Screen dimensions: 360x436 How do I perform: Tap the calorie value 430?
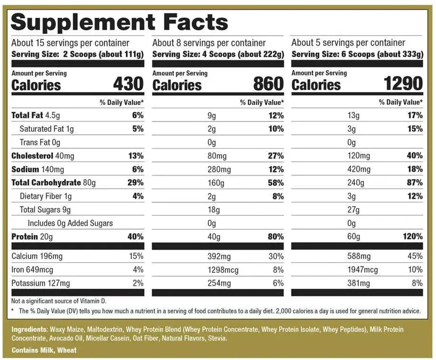tap(128, 84)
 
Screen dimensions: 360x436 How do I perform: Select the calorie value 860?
tap(268, 84)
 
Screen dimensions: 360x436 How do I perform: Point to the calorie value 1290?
tap(403, 84)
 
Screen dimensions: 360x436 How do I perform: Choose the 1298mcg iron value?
tap(223, 270)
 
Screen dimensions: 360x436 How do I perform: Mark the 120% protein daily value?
tap(413, 237)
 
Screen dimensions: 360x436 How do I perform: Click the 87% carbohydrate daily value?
tap(414, 183)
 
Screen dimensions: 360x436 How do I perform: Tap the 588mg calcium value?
tap(359, 256)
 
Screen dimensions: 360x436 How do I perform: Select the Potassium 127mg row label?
tap(41, 283)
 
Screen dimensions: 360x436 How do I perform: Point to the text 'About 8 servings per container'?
tap(209, 43)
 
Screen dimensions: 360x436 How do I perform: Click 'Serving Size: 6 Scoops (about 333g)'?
tap(357, 54)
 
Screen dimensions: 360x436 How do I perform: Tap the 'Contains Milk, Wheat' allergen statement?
tap(44, 350)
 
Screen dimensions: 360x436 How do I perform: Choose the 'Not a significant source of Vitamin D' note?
tap(59, 301)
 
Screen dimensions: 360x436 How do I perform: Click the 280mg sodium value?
tap(219, 170)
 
